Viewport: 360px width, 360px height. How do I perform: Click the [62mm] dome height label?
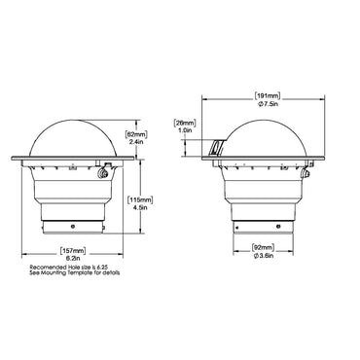(136, 133)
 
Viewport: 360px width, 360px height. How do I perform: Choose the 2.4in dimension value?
(136, 142)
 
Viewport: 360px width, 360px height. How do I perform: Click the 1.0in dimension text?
(186, 132)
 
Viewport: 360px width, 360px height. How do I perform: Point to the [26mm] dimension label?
(186, 123)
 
